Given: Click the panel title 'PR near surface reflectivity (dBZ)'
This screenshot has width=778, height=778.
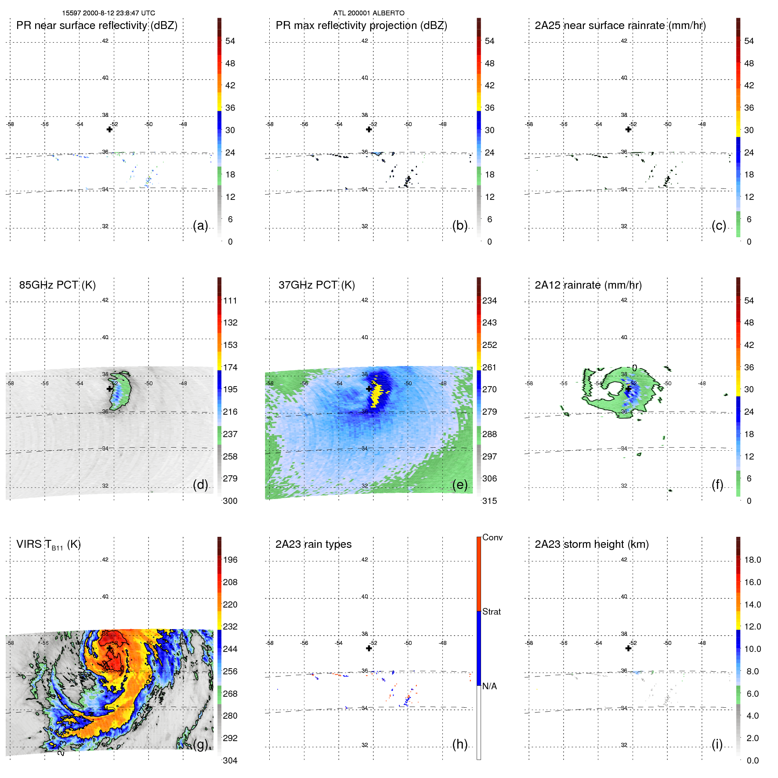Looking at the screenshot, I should click(97, 25).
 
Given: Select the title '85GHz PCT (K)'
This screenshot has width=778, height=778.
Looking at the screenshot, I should click(57, 285).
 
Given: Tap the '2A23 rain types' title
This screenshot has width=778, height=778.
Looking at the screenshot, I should click(313, 544).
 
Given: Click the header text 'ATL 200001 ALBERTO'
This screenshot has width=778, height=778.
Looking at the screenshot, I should click(369, 13).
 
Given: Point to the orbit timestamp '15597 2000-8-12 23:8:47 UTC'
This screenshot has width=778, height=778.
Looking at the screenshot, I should click(109, 13).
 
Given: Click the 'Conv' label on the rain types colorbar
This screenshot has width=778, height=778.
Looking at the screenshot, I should click(492, 537).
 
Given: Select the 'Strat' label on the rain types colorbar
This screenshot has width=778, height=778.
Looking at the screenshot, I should click(491, 612).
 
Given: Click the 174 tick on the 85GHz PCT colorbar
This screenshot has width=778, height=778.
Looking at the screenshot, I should click(230, 367).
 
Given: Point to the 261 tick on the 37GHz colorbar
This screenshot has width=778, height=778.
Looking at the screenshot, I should click(489, 367).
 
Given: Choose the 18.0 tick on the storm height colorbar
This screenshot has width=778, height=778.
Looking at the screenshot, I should click(752, 560).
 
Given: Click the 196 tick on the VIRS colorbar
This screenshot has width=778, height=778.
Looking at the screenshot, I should click(230, 560).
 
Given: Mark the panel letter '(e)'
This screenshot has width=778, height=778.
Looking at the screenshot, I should click(460, 485).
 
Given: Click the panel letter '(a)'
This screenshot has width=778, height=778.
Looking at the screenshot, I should click(200, 225).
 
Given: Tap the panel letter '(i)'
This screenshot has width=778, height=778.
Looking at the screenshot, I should click(717, 744).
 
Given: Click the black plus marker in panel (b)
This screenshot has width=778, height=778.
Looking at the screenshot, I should click(369, 129).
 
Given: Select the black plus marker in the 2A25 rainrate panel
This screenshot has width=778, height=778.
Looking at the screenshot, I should click(628, 129).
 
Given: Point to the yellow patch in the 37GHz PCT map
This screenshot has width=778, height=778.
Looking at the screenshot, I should click(376, 393).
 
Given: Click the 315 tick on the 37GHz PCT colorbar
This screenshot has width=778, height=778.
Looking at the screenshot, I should click(489, 501).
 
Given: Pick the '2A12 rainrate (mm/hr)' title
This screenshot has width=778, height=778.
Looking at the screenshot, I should click(588, 285).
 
